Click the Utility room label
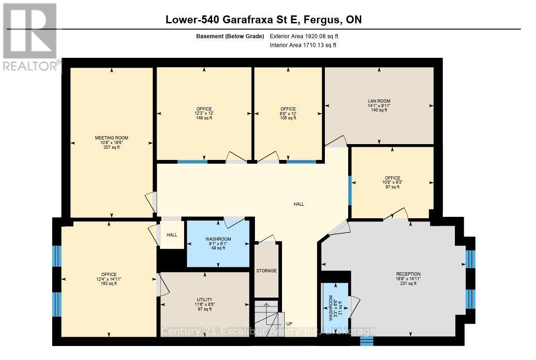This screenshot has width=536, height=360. click(x=204, y=304)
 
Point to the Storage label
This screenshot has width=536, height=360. click(x=266, y=271)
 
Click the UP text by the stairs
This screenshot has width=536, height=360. click(x=289, y=324)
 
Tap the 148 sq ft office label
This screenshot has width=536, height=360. click(x=204, y=113)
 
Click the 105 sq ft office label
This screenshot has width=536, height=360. click(x=288, y=113)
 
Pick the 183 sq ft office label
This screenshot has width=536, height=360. click(x=109, y=279)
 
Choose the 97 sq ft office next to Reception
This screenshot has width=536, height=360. click(x=392, y=182)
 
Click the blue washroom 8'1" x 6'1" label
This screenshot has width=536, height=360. click(x=218, y=243)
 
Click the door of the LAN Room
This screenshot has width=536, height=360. click(x=336, y=140)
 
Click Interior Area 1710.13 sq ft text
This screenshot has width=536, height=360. click(x=303, y=45)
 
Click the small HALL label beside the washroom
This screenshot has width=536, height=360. click(x=172, y=235)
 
